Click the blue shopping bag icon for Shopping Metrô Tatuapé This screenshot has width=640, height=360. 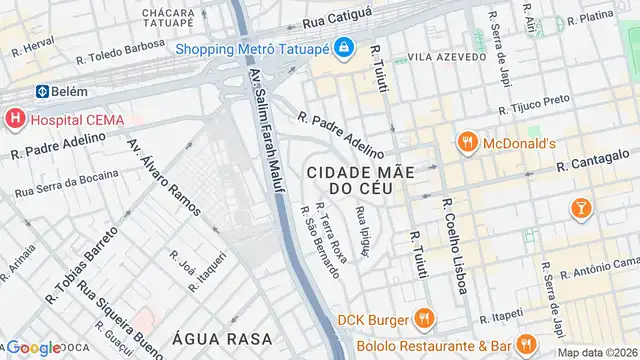pos(342,47)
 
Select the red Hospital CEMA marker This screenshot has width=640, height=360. pos(14,120)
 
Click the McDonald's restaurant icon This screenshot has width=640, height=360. pos(465,143)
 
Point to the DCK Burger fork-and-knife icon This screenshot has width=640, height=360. pos(424,319)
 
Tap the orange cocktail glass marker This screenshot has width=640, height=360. pos(580,207)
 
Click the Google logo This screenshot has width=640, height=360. pos(33,348)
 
